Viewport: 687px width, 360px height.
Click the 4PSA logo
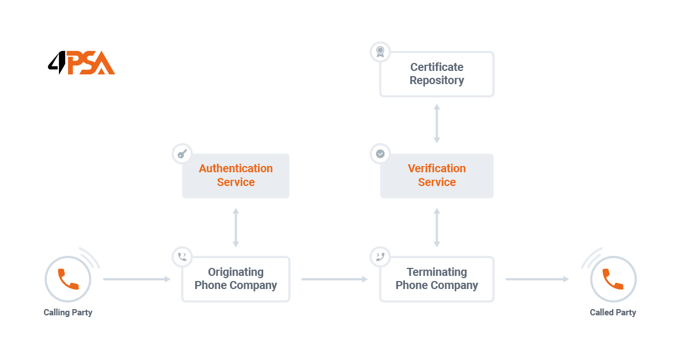[x=81, y=63]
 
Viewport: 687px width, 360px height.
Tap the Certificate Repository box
[x=436, y=74]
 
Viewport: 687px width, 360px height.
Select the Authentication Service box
[x=236, y=176]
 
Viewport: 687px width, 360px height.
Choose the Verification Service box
[x=436, y=176]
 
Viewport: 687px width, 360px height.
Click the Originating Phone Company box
[x=236, y=279]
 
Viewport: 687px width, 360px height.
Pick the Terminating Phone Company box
[x=436, y=279]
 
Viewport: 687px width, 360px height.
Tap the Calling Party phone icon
[x=68, y=279]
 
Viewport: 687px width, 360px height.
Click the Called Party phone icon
[x=613, y=279]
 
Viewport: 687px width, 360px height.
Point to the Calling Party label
[x=68, y=312]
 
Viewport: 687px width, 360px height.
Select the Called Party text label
[x=613, y=312]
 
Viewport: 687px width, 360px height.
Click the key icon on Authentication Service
[x=182, y=154]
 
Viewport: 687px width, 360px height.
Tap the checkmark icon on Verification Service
[x=380, y=154]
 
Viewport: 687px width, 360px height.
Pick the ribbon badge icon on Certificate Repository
[x=380, y=52]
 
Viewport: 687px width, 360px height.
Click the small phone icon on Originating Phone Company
[x=182, y=257]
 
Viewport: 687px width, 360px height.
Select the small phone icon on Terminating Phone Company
[x=380, y=257]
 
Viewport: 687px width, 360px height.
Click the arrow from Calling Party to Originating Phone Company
[x=137, y=279]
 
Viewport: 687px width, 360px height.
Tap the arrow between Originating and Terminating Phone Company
[x=335, y=279]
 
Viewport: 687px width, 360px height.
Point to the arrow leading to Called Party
[x=537, y=279]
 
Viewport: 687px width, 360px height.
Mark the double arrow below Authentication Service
[x=236, y=227]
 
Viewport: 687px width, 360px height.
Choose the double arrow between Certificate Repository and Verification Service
[x=436, y=123]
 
